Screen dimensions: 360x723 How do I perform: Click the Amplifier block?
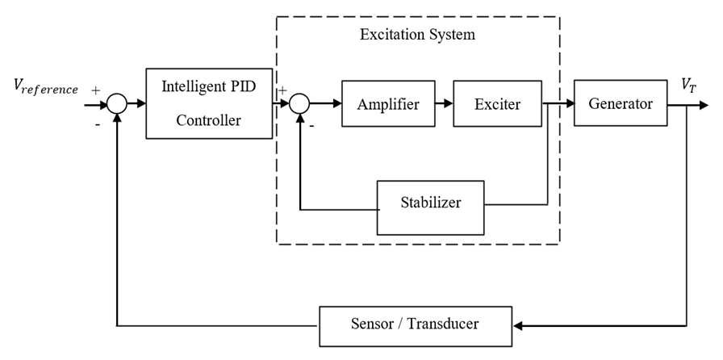tap(388, 103)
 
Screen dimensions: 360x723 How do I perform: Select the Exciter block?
tap(497, 103)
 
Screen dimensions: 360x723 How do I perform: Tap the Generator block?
tap(620, 103)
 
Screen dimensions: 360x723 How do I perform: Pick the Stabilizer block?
tap(431, 203)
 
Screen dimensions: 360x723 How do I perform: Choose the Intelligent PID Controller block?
tap(208, 103)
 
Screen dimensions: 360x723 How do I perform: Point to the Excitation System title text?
tap(417, 35)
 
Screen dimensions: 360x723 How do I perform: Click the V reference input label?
tap(46, 87)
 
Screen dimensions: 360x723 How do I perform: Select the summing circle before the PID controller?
tap(118, 103)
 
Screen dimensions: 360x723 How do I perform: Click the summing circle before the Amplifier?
tap(299, 103)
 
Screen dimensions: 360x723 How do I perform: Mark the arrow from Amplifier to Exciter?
tap(444, 103)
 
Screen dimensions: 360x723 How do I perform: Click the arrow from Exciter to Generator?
tap(558, 103)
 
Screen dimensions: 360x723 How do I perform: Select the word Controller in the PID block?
tap(208, 121)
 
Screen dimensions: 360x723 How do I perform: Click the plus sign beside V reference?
tap(96, 90)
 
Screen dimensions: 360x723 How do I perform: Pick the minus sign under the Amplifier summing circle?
tap(311, 125)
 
